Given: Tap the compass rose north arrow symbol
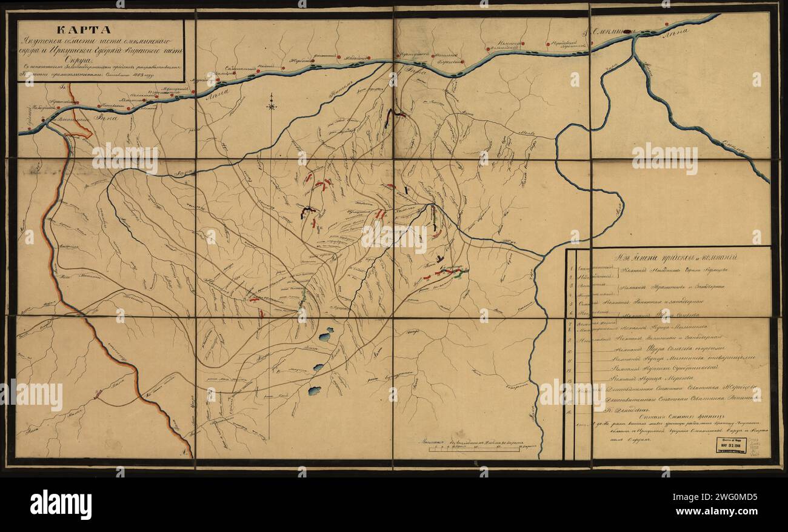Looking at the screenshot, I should [272, 105].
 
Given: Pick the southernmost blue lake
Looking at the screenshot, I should [315, 391].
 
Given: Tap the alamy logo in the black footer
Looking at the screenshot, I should [61, 504].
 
